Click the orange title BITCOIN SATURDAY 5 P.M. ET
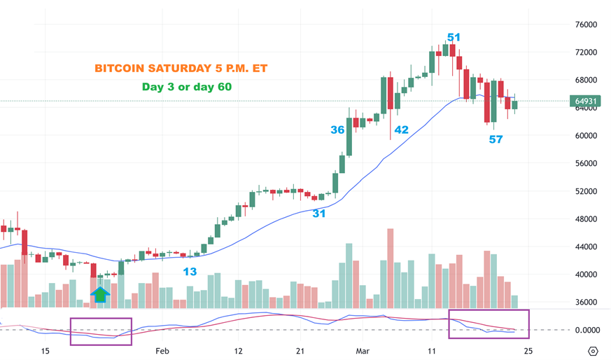(x=181, y=69)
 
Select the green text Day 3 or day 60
(x=188, y=88)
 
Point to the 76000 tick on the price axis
(x=585, y=25)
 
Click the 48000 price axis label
(x=585, y=219)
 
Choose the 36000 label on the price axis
(x=585, y=303)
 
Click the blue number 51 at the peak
(x=454, y=37)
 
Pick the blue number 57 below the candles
(x=496, y=140)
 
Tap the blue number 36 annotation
(x=337, y=130)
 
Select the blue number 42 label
(x=401, y=130)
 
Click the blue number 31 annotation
(x=319, y=214)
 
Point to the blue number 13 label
(x=190, y=272)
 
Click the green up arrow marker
(x=101, y=293)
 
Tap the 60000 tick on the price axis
(x=585, y=136)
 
